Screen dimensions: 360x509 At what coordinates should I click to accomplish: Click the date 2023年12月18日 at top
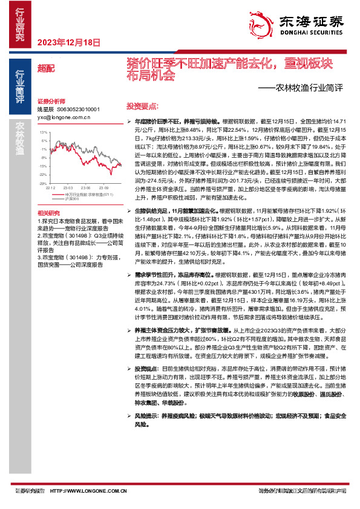[x=68, y=43]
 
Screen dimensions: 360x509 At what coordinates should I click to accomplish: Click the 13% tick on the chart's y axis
[x=42, y=131]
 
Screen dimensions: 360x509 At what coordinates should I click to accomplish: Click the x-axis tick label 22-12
[x=50, y=187]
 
